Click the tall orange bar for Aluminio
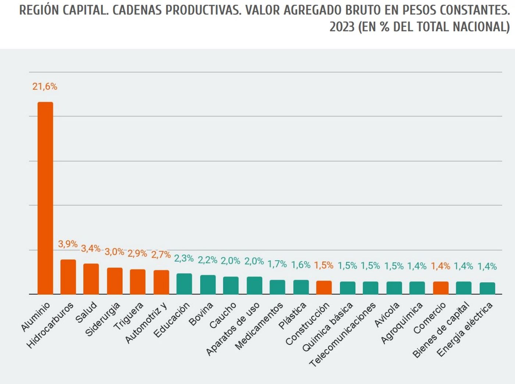46,198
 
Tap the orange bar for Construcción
324,287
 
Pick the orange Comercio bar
440,288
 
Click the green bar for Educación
184,284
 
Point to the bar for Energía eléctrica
487,288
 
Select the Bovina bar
208,284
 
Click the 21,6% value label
45,87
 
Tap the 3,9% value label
68,244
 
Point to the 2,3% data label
184,258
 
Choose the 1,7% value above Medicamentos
277,264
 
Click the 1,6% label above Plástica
301,265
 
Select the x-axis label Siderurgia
103,319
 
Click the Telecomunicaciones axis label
343,334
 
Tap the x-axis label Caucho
223,316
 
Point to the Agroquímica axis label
401,323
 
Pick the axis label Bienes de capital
441,330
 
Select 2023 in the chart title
342,27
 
